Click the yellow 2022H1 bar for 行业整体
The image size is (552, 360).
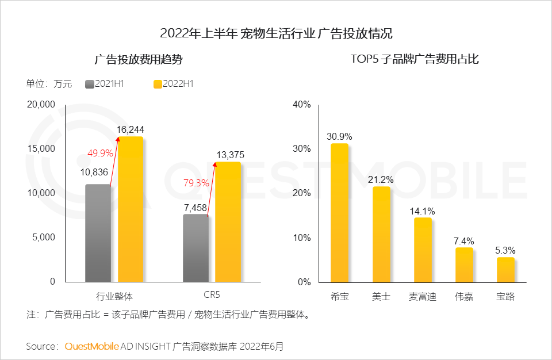pyautogui.click(x=131, y=209)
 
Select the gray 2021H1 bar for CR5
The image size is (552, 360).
pyautogui.click(x=195, y=248)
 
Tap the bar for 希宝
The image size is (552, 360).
pyautogui.click(x=339, y=213)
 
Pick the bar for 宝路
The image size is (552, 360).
pyautogui.click(x=505, y=270)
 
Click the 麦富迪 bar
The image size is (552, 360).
pyautogui.click(x=423, y=250)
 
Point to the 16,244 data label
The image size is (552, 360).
pyautogui.click(x=130, y=130)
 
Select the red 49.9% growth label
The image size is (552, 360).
pyautogui.click(x=99, y=153)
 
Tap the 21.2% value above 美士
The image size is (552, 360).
pyautogui.click(x=381, y=179)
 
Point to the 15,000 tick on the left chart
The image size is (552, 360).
pyautogui.click(x=41, y=149)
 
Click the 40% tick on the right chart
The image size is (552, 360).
pyautogui.click(x=301, y=105)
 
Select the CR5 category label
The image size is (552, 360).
pyautogui.click(x=212, y=296)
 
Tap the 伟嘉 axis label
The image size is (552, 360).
pyautogui.click(x=464, y=297)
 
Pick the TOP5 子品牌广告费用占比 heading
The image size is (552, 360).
pyautogui.click(x=415, y=59)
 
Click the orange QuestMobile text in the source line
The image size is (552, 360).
pyautogui.click(x=91, y=347)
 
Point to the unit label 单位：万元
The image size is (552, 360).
pyautogui.click(x=49, y=84)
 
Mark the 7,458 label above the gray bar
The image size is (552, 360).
pyautogui.click(x=195, y=208)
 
